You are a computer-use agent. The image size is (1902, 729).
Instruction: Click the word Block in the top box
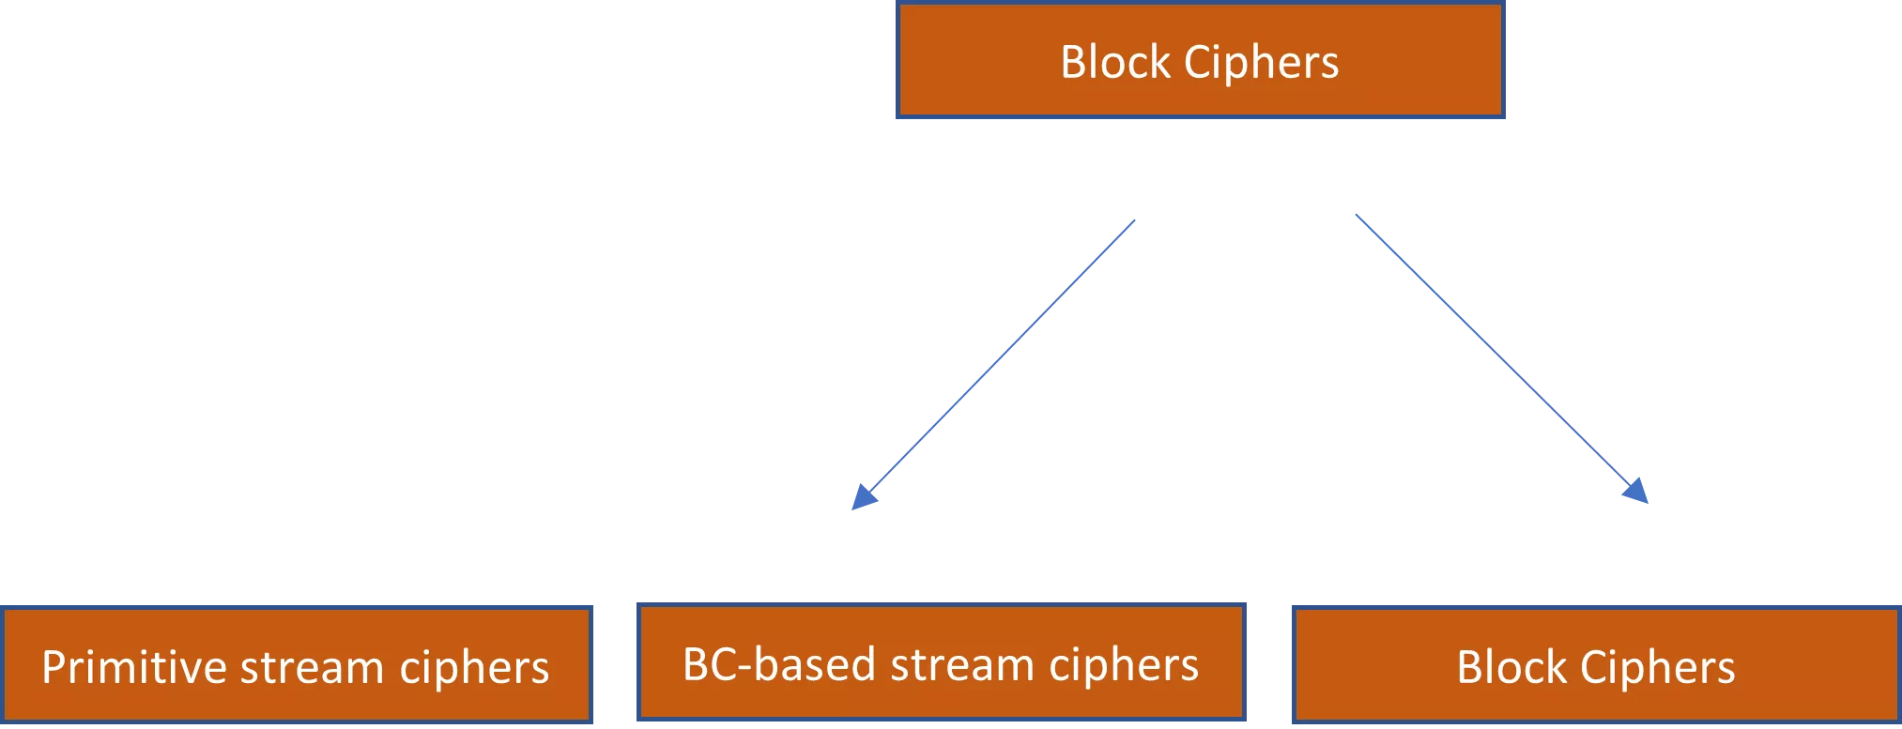(1115, 63)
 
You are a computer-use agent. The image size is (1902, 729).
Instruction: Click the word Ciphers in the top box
(1261, 63)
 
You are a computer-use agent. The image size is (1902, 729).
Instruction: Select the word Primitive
(134, 668)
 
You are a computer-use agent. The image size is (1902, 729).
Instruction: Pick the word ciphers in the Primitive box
(474, 668)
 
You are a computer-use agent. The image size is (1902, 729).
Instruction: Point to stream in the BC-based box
(962, 665)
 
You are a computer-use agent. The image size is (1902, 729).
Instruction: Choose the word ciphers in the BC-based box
(1124, 665)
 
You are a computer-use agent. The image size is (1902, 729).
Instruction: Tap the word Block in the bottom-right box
(1511, 668)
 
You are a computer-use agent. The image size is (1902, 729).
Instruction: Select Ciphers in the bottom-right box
(1657, 668)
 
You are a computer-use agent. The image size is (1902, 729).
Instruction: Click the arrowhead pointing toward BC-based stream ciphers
(861, 497)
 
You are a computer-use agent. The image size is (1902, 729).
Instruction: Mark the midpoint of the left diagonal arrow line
(995, 364)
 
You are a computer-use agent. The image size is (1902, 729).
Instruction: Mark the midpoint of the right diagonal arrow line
(1500, 358)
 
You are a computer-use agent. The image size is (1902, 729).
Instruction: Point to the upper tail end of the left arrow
(1137, 221)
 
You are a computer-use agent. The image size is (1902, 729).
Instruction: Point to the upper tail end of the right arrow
(1356, 216)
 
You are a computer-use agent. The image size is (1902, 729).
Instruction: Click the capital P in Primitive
(54, 668)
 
